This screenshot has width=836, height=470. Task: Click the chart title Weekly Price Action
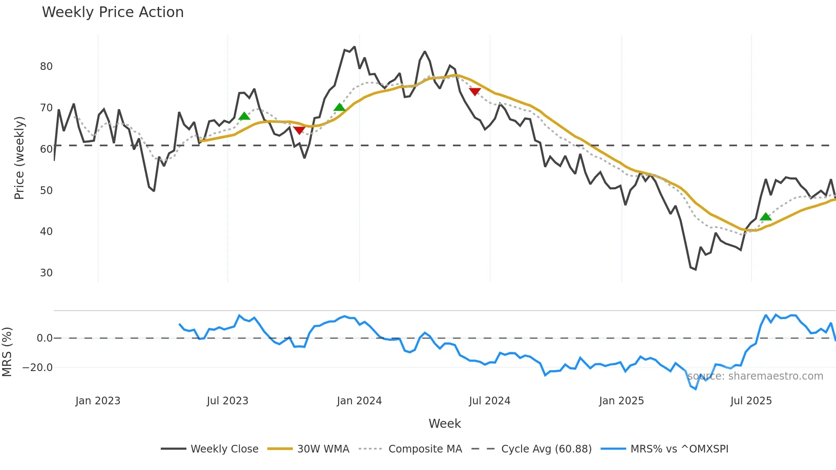click(x=113, y=12)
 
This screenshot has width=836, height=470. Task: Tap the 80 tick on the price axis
click(x=46, y=67)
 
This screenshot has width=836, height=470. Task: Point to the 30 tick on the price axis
click(x=46, y=273)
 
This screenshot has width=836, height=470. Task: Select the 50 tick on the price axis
click(x=46, y=191)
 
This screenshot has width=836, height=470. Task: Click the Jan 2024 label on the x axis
click(x=359, y=401)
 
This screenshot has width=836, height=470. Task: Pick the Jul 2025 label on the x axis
click(x=751, y=401)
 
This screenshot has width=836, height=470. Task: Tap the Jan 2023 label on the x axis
click(x=98, y=401)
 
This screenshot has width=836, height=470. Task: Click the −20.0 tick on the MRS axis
click(x=38, y=368)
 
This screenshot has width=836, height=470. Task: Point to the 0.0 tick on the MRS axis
click(x=44, y=338)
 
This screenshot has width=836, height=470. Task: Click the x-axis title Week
click(x=444, y=424)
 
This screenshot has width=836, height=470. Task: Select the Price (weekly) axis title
click(x=20, y=158)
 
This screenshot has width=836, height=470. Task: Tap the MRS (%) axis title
click(x=7, y=352)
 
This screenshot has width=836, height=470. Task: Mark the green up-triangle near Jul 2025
click(x=766, y=217)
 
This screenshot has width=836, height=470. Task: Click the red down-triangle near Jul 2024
click(x=475, y=92)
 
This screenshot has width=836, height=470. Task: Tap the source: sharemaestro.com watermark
click(x=755, y=376)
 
